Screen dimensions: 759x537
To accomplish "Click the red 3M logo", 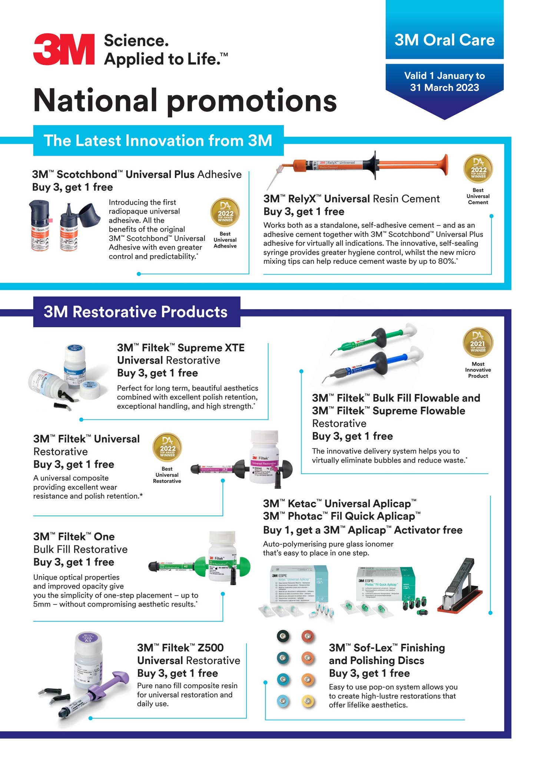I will point(64,49).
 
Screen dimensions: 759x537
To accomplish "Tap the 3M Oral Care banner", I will point(444,40).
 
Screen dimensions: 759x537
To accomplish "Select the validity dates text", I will point(444,82).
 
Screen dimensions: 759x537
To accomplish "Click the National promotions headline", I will point(185,100).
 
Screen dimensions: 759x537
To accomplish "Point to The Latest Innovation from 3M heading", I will point(158,141).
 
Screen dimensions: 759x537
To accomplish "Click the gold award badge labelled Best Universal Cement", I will point(478,169).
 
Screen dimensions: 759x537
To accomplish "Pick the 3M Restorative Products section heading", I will point(136,312).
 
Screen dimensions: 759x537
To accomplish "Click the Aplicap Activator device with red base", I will point(460,586).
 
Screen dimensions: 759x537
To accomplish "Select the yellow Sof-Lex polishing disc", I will point(307,701).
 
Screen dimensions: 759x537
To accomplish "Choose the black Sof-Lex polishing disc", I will point(284,636).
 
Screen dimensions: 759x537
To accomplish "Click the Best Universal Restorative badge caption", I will point(167,475).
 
